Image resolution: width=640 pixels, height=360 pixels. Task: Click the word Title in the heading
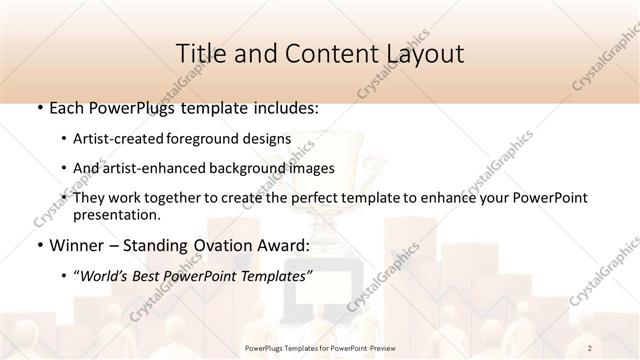coord(201,54)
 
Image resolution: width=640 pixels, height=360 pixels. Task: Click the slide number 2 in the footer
coord(590,348)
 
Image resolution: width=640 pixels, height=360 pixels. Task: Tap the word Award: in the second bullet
coord(287,245)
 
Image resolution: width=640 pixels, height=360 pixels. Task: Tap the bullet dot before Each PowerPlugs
coord(39,108)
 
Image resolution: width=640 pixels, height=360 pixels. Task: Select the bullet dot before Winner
coord(39,245)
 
